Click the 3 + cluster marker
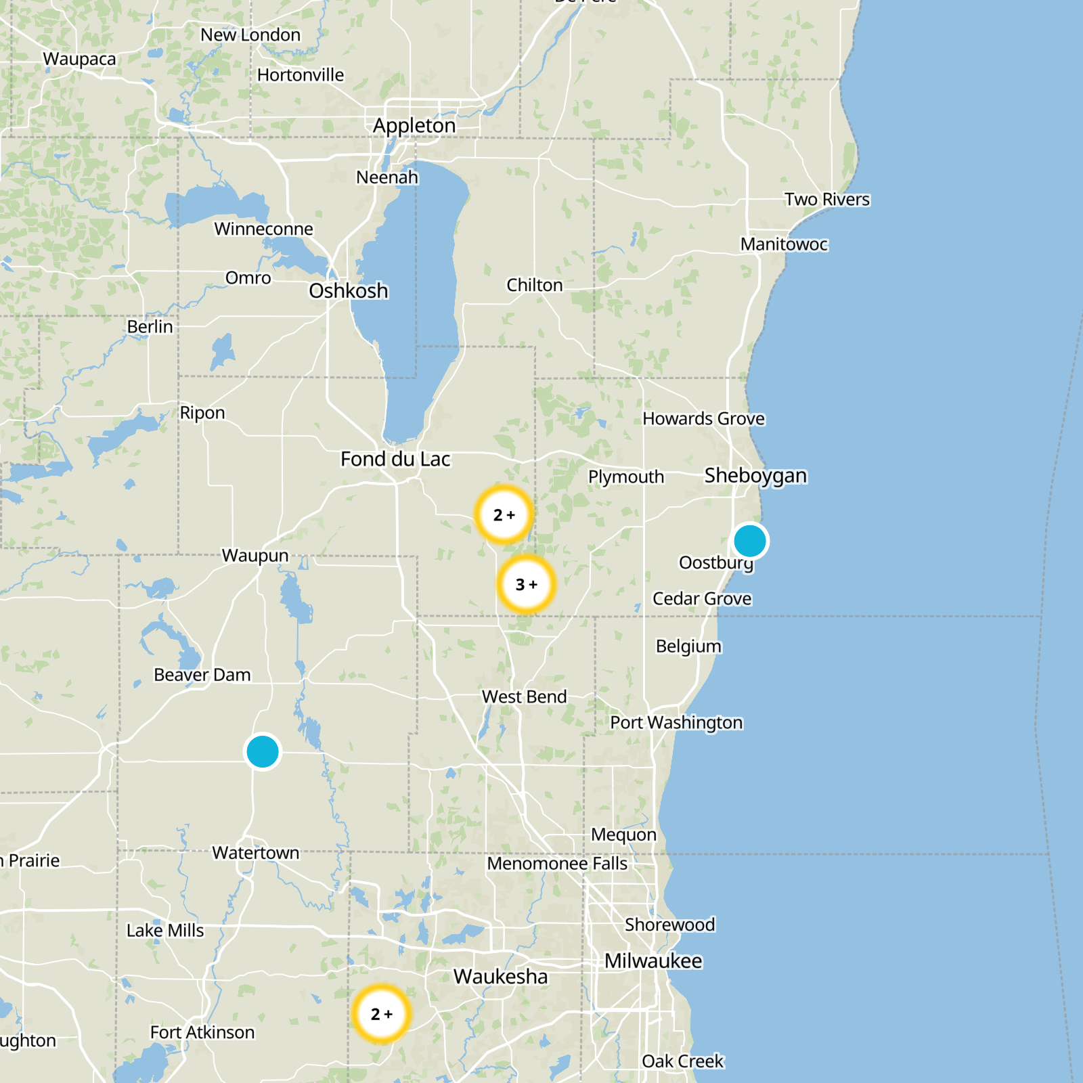pyautogui.click(x=526, y=584)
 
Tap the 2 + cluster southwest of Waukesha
pyautogui.click(x=382, y=1014)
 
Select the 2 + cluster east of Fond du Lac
pyautogui.click(x=504, y=515)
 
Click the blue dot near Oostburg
pyautogui.click(x=750, y=541)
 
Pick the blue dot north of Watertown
pyautogui.click(x=263, y=751)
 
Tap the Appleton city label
pyautogui.click(x=414, y=126)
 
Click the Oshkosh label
pyautogui.click(x=349, y=291)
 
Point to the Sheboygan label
pyautogui.click(x=755, y=475)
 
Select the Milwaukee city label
pyautogui.click(x=653, y=961)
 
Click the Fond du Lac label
pyautogui.click(x=395, y=459)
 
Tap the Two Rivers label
pyautogui.click(x=827, y=200)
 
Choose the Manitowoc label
pyautogui.click(x=784, y=244)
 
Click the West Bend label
pyautogui.click(x=524, y=697)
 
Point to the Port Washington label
pyautogui.click(x=676, y=723)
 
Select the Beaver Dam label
pyautogui.click(x=202, y=675)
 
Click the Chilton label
pyautogui.click(x=535, y=285)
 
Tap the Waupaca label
pyautogui.click(x=80, y=60)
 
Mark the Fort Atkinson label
pyautogui.click(x=202, y=1032)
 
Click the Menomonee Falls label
pyautogui.click(x=557, y=864)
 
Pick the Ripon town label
pyautogui.click(x=202, y=413)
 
